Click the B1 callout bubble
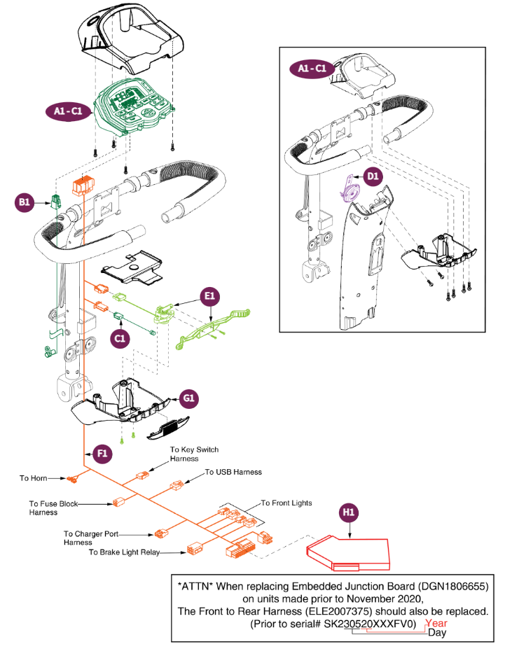[25, 203]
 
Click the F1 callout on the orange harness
[102, 454]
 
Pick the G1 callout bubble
[188, 399]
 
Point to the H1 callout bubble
[350, 512]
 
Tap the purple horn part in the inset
[348, 190]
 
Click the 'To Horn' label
[33, 478]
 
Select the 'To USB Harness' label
[233, 472]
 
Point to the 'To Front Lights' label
[286, 503]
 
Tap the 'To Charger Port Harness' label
[92, 538]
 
